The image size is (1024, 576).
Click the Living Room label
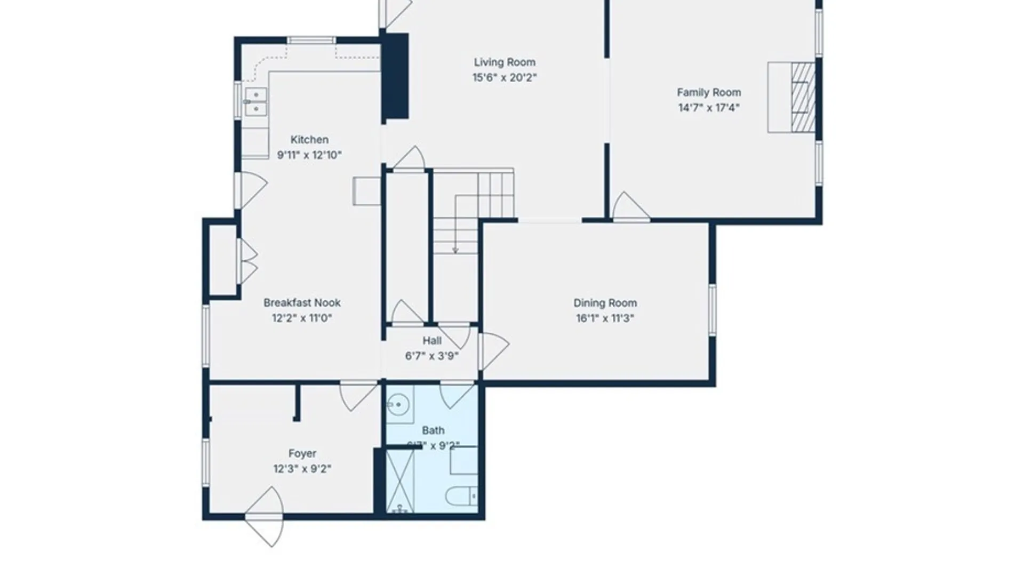pos(504,62)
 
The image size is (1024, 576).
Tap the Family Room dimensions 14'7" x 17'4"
pos(708,108)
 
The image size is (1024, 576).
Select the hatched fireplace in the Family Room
pos(803,97)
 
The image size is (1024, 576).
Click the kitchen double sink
pos(255,102)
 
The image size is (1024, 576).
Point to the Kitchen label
pos(309,140)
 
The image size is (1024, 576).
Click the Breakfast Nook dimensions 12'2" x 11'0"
pos(302,318)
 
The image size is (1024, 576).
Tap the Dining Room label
pos(605,303)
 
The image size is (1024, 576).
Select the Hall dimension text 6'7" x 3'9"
pos(431,356)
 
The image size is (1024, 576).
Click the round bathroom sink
pos(397,404)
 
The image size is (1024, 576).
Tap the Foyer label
pos(302,453)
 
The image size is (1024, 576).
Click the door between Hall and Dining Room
pos(493,350)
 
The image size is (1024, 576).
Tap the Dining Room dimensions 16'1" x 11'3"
pos(605,318)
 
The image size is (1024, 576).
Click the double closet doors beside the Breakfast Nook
pos(246,261)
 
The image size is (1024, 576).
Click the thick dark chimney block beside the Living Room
pos(396,75)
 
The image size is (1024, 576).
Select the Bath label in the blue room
pos(433,430)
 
